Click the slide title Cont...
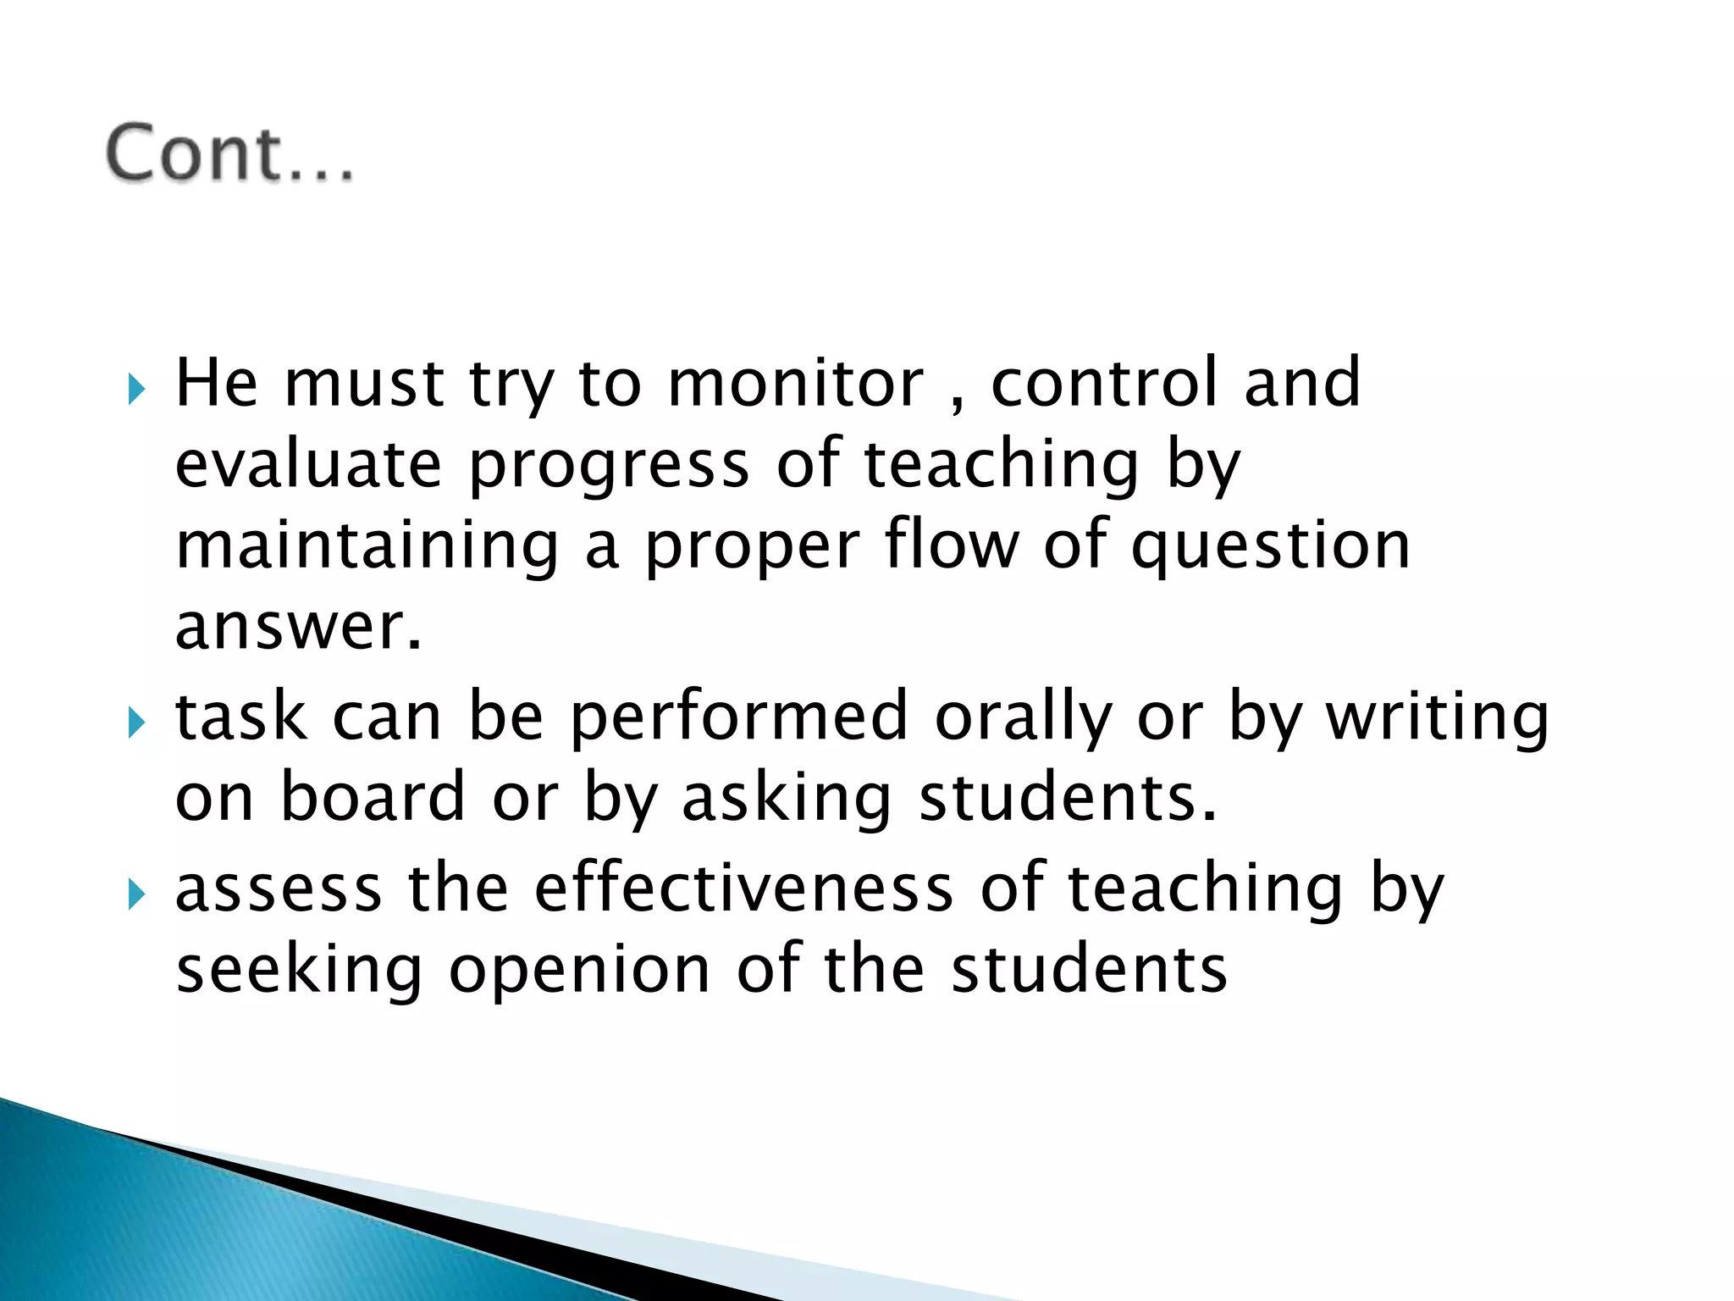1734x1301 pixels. point(229,154)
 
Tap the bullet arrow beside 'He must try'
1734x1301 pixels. point(136,390)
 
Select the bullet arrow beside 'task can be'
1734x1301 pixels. point(136,723)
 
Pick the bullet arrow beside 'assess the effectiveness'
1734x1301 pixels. point(136,894)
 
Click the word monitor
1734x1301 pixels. point(795,384)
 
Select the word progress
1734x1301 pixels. point(609,467)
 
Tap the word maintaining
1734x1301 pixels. point(367,546)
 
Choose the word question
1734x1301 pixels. point(1270,546)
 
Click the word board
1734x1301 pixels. point(373,797)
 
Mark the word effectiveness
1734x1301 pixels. point(744,889)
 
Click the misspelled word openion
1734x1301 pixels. point(579,971)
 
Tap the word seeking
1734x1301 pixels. point(299,971)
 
